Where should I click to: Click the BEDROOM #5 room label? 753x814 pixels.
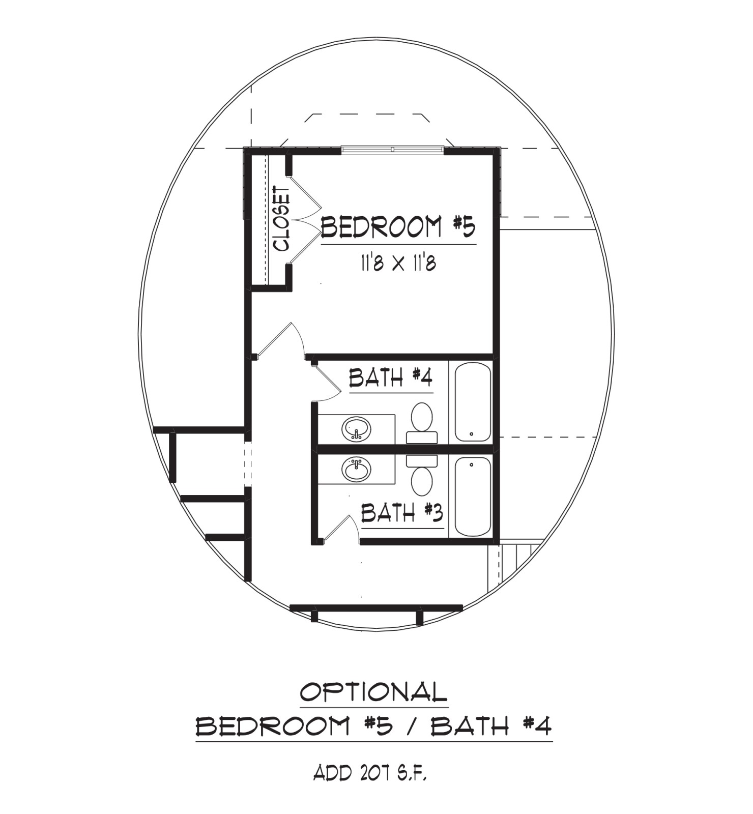point(398,227)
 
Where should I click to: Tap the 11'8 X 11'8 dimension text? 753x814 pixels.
point(398,263)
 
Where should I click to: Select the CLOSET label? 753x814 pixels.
point(281,219)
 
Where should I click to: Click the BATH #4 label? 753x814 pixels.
point(391,377)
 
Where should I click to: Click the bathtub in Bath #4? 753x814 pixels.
point(473,402)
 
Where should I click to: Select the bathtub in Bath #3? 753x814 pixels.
point(473,497)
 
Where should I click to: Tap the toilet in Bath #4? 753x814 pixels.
point(422,423)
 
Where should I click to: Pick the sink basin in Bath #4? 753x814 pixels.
point(357,430)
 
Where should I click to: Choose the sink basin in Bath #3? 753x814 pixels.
point(357,470)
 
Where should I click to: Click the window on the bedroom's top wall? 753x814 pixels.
point(392,149)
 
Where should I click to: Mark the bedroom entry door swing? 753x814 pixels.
point(280,340)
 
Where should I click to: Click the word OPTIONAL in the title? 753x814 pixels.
point(374,692)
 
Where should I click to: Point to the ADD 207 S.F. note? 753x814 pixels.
point(370,773)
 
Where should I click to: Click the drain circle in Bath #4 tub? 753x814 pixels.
point(472,434)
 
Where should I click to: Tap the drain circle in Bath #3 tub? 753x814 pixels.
point(472,464)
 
